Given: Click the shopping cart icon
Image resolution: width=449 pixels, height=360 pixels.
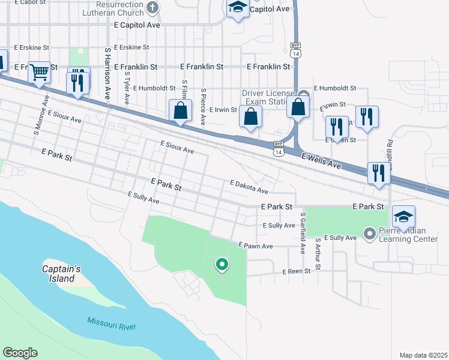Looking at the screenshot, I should point(39,73).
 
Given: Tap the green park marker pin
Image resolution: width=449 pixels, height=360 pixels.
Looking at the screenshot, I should point(221,263).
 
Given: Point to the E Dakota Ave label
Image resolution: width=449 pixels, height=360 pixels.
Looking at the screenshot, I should point(249,187).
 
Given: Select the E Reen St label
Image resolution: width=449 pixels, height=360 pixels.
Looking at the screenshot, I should point(297,271).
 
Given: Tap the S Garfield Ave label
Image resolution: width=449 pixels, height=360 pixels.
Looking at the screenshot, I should point(304,233).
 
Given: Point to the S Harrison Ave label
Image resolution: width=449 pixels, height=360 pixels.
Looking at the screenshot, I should point(107,73).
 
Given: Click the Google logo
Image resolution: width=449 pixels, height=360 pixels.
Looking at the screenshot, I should point(20,353).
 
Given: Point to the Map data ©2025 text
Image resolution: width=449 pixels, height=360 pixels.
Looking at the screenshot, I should point(423,355).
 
